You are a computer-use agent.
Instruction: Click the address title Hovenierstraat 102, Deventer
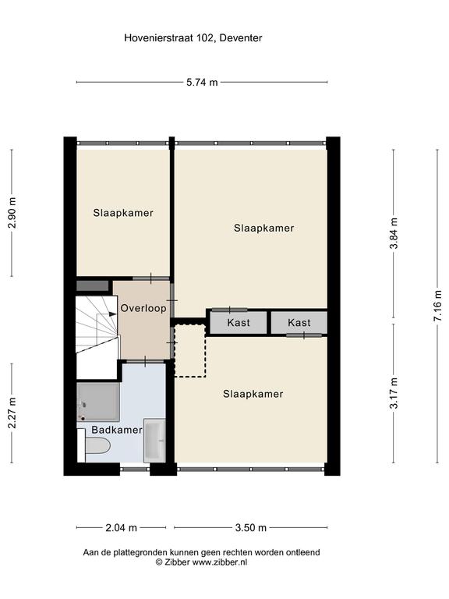193,38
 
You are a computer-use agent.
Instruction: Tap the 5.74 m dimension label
202,82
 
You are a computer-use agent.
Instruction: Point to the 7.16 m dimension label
437,306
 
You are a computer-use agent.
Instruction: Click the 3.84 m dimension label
394,233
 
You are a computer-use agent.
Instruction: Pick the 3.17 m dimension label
394,393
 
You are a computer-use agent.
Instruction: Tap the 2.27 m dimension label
12,413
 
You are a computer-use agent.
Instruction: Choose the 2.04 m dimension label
121,527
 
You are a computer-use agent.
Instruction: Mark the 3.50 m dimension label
250,527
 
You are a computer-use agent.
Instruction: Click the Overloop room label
143,308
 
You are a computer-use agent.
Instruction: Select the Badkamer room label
117,430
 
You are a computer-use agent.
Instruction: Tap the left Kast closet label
239,322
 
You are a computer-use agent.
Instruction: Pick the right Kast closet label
299,322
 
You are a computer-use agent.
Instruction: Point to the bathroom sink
154,441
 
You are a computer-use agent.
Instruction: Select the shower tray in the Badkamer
98,402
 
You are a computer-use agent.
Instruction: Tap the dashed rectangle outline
190,351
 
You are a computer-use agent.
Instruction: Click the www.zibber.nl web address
220,562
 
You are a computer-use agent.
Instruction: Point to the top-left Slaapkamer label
123,213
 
